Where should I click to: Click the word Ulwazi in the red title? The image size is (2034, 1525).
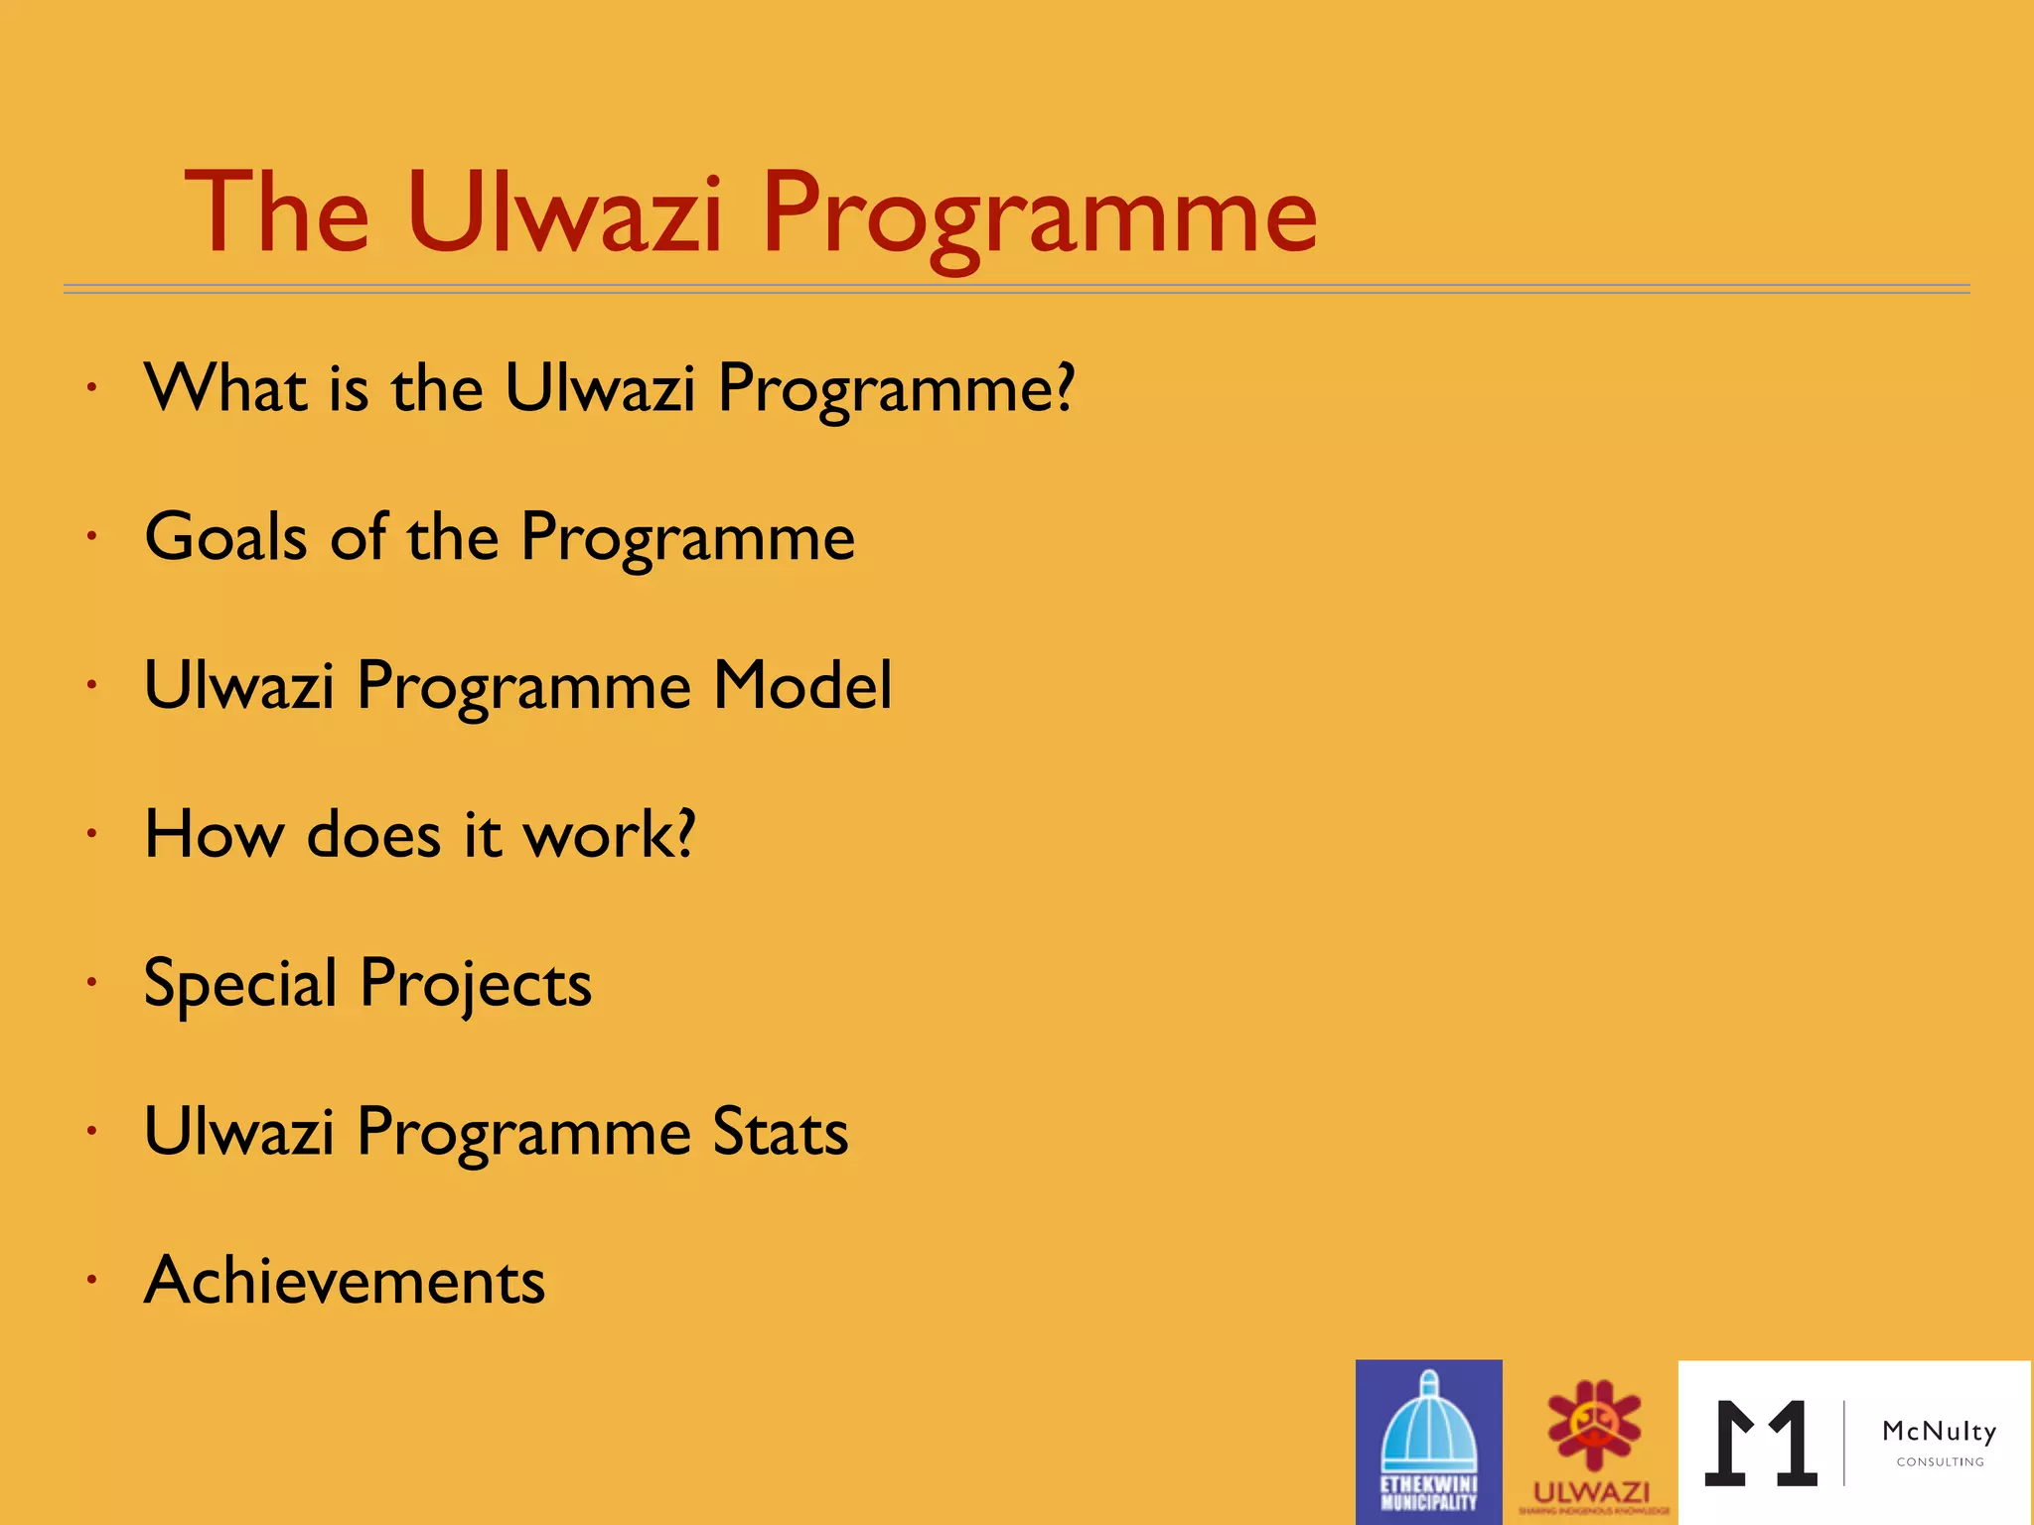[x=563, y=213]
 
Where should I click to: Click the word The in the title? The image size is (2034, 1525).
[x=276, y=213]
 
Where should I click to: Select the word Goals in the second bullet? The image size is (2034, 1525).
[x=225, y=537]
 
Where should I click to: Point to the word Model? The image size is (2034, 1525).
[x=802, y=685]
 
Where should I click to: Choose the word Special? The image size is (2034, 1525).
[x=240, y=984]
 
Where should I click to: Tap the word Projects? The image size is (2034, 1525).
[x=476, y=984]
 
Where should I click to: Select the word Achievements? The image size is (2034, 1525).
[x=345, y=1281]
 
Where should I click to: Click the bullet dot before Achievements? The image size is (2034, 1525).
[x=91, y=1280]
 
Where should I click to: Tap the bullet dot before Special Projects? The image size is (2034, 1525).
[x=91, y=982]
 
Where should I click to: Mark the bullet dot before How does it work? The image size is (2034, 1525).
[x=91, y=833]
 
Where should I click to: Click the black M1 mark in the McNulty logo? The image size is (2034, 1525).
[x=1761, y=1444]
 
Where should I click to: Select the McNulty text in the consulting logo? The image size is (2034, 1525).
[x=1939, y=1432]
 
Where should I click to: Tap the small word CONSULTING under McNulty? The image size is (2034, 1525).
[x=1940, y=1462]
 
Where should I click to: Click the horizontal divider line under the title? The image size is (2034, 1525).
[x=1017, y=289]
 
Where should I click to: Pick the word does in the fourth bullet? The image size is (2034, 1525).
[x=373, y=834]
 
